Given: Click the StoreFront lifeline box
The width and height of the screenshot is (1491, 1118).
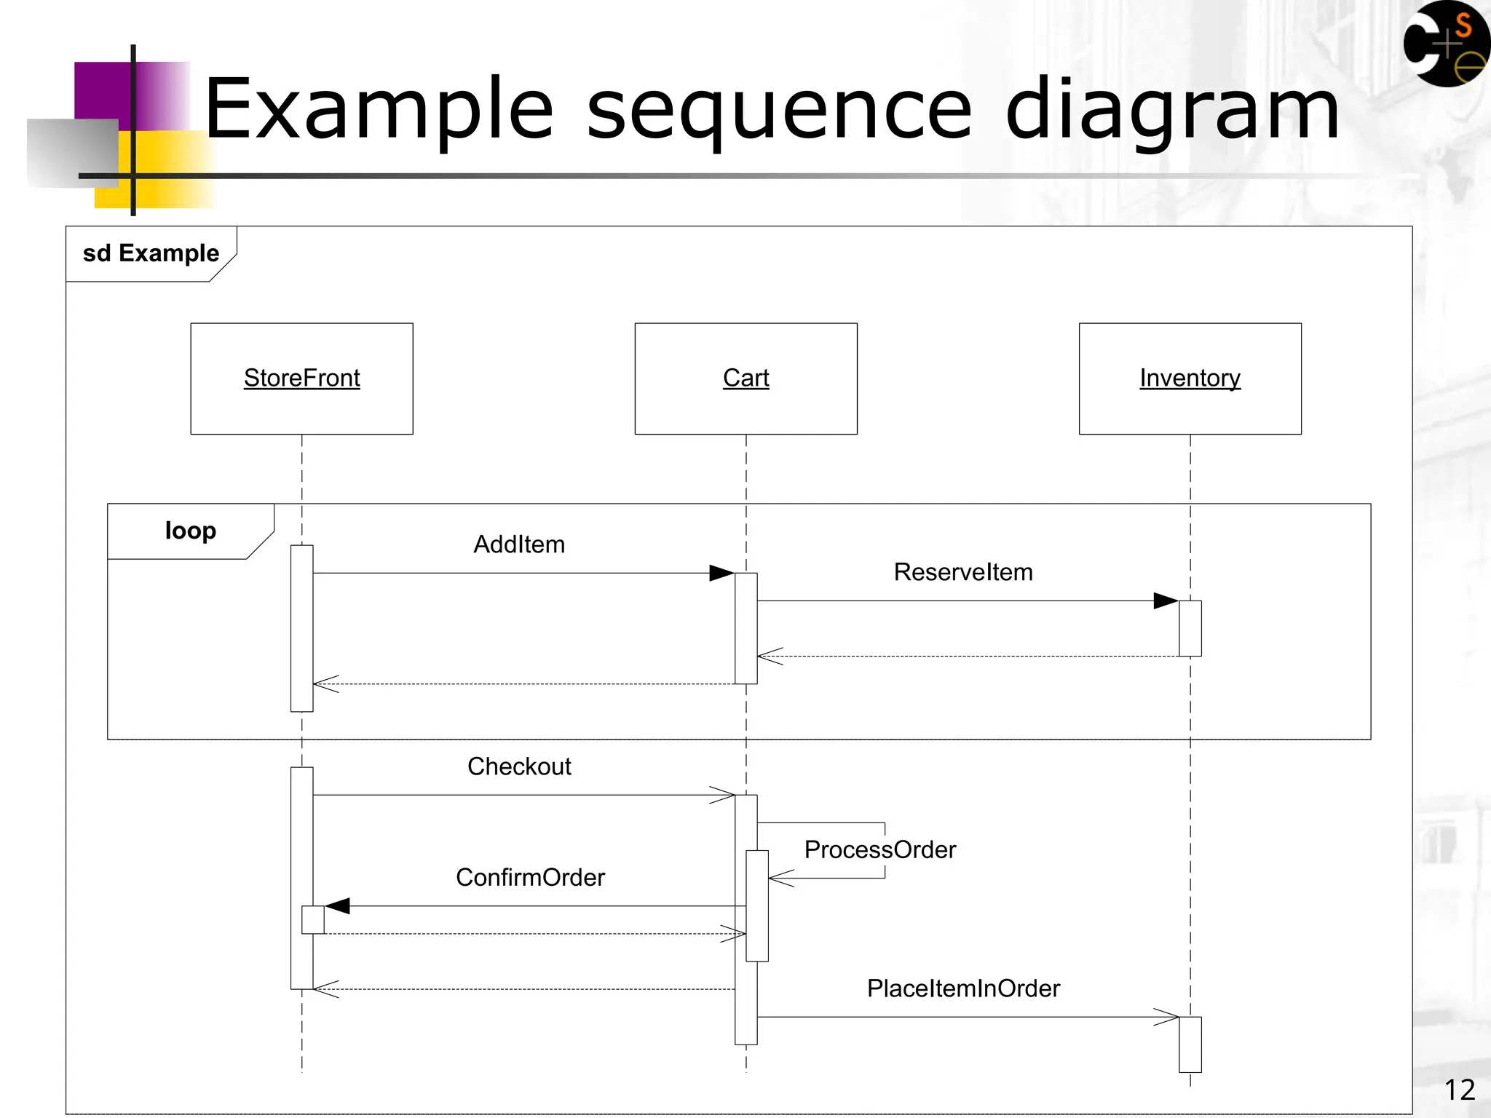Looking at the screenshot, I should (301, 378).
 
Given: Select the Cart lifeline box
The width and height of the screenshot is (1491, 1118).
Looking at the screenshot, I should (745, 378).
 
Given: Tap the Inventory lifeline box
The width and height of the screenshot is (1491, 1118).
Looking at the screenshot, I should (1190, 378).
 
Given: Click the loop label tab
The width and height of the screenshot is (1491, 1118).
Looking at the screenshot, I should (190, 531).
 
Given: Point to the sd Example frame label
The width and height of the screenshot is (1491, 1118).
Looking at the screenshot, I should (151, 253).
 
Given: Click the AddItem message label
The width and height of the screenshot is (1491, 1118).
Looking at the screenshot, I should (519, 544).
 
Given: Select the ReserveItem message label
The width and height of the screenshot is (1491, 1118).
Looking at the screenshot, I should (962, 572).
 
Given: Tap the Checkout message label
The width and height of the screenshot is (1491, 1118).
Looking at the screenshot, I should (519, 766).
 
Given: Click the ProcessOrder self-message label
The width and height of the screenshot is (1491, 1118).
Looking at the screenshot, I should (879, 849).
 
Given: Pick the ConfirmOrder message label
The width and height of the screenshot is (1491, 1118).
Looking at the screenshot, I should (530, 878).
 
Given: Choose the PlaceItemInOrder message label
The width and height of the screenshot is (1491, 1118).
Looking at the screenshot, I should (962, 988).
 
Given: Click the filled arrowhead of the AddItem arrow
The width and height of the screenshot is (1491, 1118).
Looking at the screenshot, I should (721, 573).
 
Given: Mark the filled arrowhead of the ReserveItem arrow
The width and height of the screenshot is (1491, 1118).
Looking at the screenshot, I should (1166, 600).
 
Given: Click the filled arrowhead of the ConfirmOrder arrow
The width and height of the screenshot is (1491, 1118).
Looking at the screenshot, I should (338, 905).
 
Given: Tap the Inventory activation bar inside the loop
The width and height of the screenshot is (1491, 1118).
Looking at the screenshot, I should (1190, 628).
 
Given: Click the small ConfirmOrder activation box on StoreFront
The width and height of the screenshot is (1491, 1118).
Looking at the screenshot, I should (313, 919).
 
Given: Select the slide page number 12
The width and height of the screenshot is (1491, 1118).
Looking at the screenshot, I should (1459, 1090).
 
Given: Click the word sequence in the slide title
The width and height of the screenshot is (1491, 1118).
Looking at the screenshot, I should (779, 111).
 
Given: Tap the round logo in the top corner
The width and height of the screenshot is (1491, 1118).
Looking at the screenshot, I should (1447, 44).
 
